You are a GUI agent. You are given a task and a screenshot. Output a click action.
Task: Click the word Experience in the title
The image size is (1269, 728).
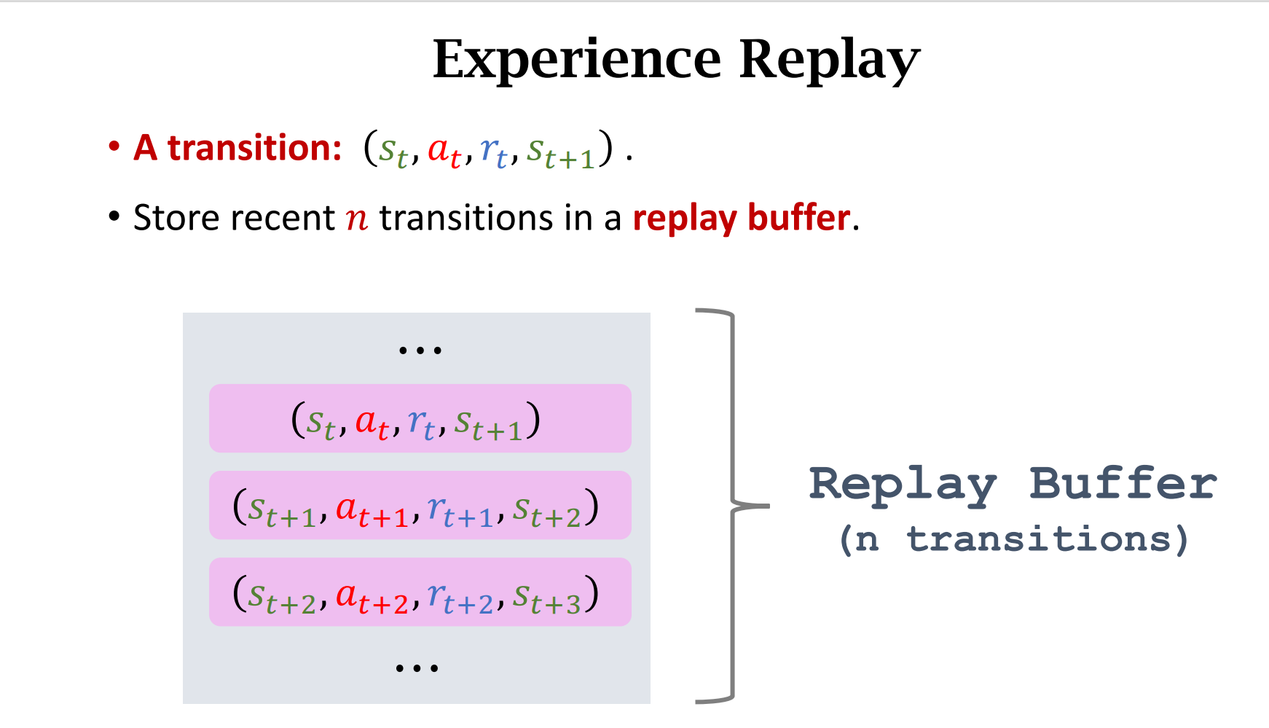[576, 60]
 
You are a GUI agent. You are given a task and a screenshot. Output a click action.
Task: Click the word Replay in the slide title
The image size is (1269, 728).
[830, 60]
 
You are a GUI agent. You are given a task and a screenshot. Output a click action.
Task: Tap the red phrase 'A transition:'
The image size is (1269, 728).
[237, 148]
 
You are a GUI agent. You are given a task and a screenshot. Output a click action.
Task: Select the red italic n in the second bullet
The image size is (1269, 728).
[357, 218]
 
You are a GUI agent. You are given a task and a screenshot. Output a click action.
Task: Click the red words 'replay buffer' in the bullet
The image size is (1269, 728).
[741, 218]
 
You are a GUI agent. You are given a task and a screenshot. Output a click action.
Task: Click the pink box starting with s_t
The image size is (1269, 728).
[420, 418]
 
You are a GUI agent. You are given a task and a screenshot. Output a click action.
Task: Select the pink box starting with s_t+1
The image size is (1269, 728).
[420, 505]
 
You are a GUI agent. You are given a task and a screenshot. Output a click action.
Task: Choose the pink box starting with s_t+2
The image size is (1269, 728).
[420, 592]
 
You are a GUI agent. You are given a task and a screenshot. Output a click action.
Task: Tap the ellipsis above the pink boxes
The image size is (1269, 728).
[420, 351]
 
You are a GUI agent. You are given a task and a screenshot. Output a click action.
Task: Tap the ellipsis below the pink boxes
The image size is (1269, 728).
[417, 668]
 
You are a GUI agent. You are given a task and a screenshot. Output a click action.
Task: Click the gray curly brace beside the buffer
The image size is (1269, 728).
[732, 505]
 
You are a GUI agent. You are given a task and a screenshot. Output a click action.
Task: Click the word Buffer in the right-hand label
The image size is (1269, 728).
[1122, 484]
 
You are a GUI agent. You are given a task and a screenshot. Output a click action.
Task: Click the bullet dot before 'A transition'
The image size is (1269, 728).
[114, 147]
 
